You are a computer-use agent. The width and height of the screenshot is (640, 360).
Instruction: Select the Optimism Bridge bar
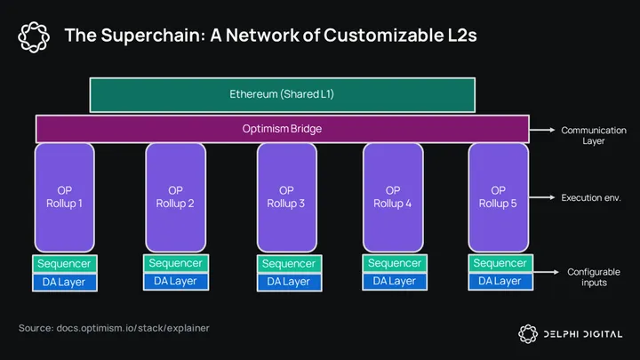point(281,129)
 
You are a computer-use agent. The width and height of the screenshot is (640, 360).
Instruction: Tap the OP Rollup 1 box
point(64,196)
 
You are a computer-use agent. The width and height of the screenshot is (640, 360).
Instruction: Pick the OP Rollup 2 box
point(175,196)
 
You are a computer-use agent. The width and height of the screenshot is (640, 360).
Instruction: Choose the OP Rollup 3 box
point(286,196)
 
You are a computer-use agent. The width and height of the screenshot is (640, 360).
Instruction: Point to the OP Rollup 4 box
point(393,196)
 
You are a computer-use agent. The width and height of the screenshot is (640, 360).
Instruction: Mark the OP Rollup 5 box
point(498,196)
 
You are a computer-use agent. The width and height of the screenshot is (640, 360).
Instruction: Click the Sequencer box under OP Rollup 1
point(64,264)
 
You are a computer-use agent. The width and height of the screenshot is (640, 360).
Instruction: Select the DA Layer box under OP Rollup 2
point(175,281)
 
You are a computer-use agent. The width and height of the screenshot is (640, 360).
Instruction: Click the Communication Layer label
point(593,135)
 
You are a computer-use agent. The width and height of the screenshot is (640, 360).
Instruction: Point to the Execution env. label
point(590,197)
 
